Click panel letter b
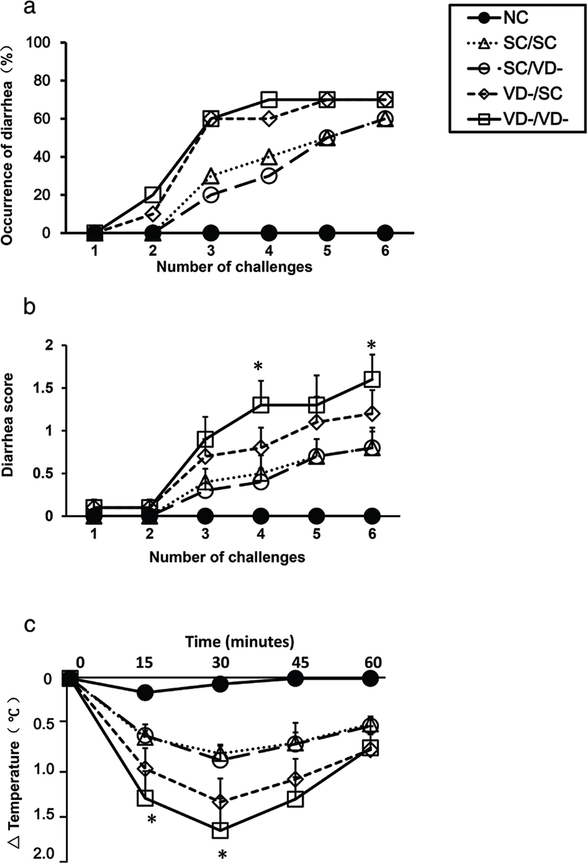(29, 307)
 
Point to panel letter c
(29, 626)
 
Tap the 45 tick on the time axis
(296, 662)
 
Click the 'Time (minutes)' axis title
(240, 642)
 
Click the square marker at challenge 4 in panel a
(269, 99)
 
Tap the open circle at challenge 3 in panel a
(211, 195)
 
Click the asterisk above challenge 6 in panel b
(372, 346)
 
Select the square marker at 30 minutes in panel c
(220, 829)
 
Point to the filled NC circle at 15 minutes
(145, 692)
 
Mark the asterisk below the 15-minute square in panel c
(151, 820)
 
